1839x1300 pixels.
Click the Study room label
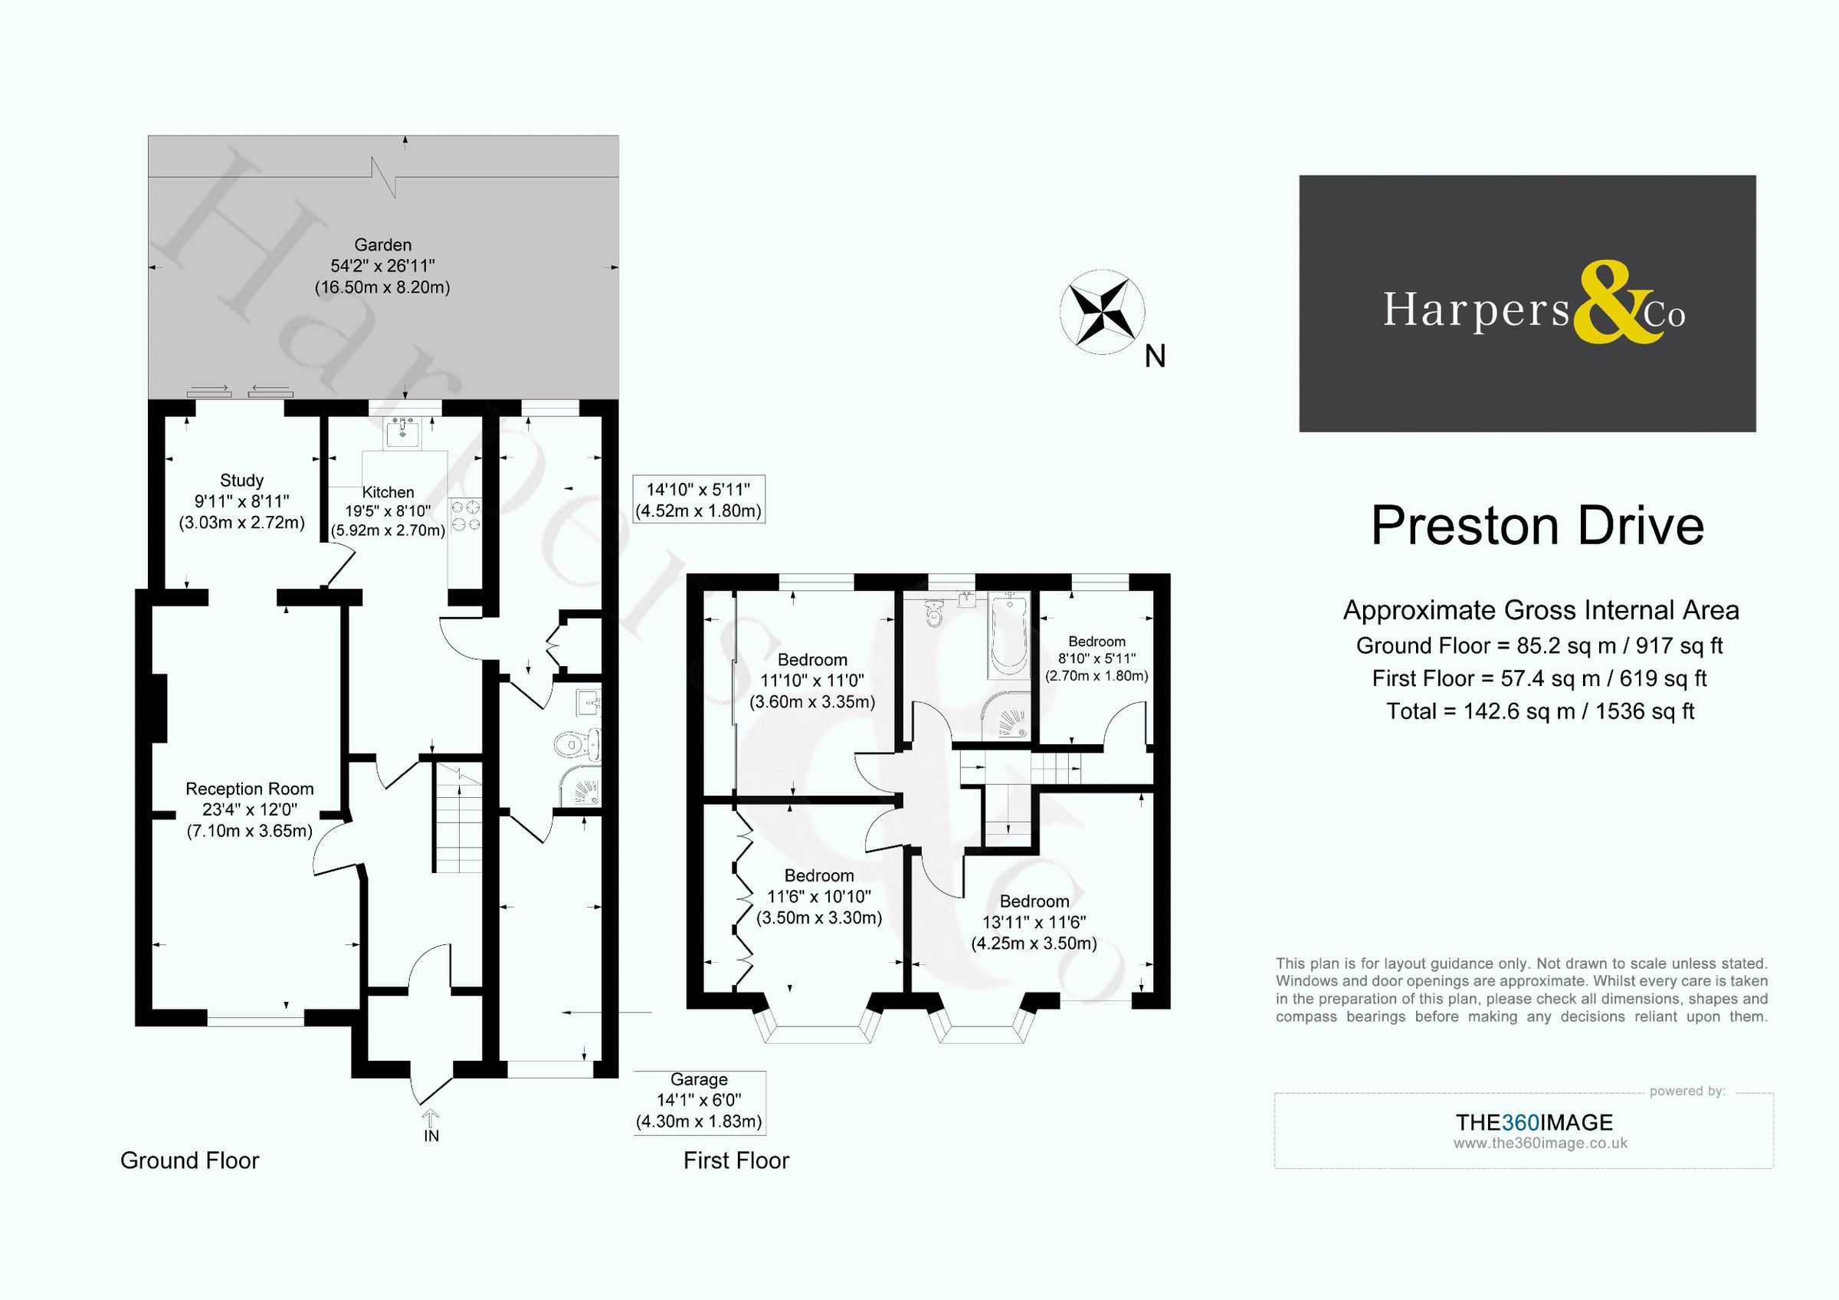coord(241,481)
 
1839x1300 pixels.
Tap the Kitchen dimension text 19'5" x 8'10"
coord(388,511)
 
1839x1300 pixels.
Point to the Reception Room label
coord(249,789)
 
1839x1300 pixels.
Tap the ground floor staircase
coord(459,817)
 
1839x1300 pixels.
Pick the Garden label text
coord(383,245)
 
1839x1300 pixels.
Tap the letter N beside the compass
coord(1154,356)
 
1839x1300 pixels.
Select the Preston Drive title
coord(1537,527)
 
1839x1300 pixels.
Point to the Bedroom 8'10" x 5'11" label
coord(1097,642)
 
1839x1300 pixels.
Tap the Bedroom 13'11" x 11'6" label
coord(1034,902)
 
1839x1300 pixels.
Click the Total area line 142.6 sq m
coord(1539,711)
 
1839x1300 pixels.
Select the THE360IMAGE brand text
coord(1534,1122)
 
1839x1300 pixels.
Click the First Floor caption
coord(736,1160)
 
